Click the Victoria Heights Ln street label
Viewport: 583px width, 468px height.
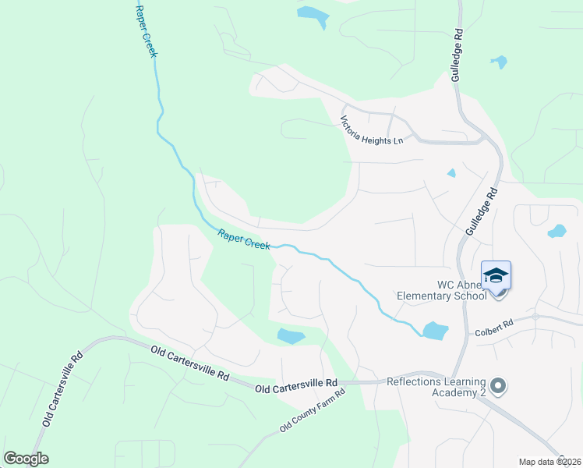click(372, 130)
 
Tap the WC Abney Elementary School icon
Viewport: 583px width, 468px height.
click(496, 277)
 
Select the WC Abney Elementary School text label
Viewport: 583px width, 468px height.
click(441, 289)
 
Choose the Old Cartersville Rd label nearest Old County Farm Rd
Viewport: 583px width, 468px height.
click(296, 384)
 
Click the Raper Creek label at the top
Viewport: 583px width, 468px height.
click(147, 31)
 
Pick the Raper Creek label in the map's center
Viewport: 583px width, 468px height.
click(244, 239)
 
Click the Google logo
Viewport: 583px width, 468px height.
click(26, 459)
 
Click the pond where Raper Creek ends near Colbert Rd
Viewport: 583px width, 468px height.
click(435, 331)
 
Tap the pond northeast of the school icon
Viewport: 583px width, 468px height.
click(557, 231)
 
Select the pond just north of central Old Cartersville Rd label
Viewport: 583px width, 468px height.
click(291, 336)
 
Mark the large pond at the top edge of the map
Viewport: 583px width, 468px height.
click(313, 16)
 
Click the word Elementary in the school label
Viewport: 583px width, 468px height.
click(425, 296)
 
